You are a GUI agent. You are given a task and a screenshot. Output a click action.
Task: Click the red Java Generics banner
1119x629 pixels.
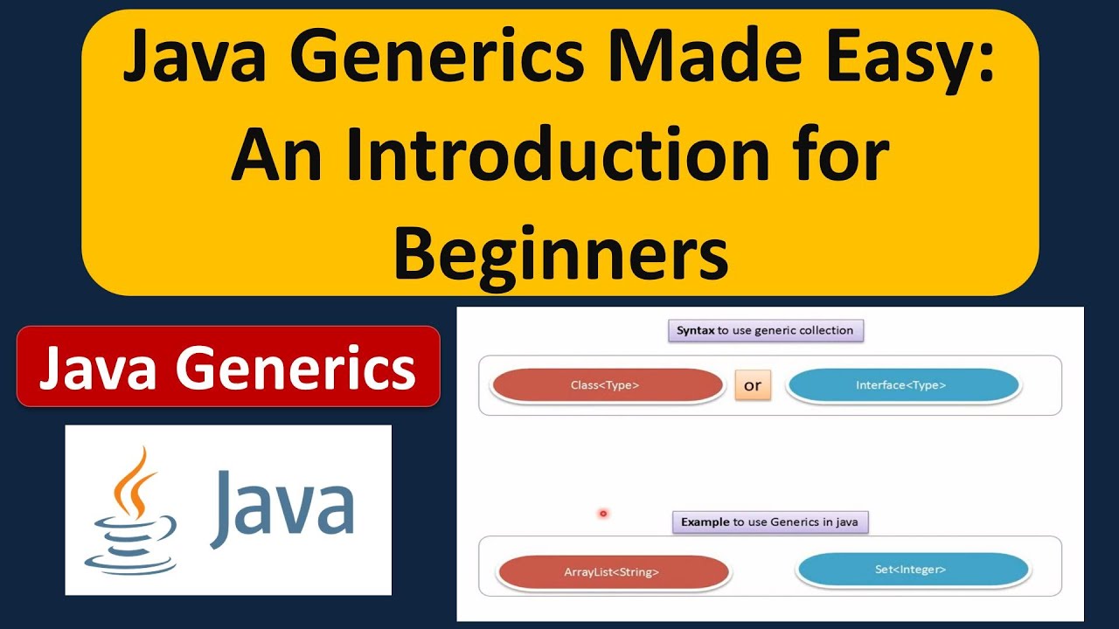(x=227, y=366)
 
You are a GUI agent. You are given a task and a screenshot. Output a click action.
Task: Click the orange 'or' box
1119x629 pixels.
(x=753, y=385)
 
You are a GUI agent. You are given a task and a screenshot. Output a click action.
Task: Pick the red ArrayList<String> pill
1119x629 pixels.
(x=611, y=572)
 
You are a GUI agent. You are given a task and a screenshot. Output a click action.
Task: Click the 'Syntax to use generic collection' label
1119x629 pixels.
(x=765, y=331)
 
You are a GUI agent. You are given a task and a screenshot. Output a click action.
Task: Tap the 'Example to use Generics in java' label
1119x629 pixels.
(x=769, y=522)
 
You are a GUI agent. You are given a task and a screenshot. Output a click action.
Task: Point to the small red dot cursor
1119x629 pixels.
(x=603, y=514)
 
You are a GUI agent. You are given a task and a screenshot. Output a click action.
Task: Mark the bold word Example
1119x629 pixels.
(x=705, y=522)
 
